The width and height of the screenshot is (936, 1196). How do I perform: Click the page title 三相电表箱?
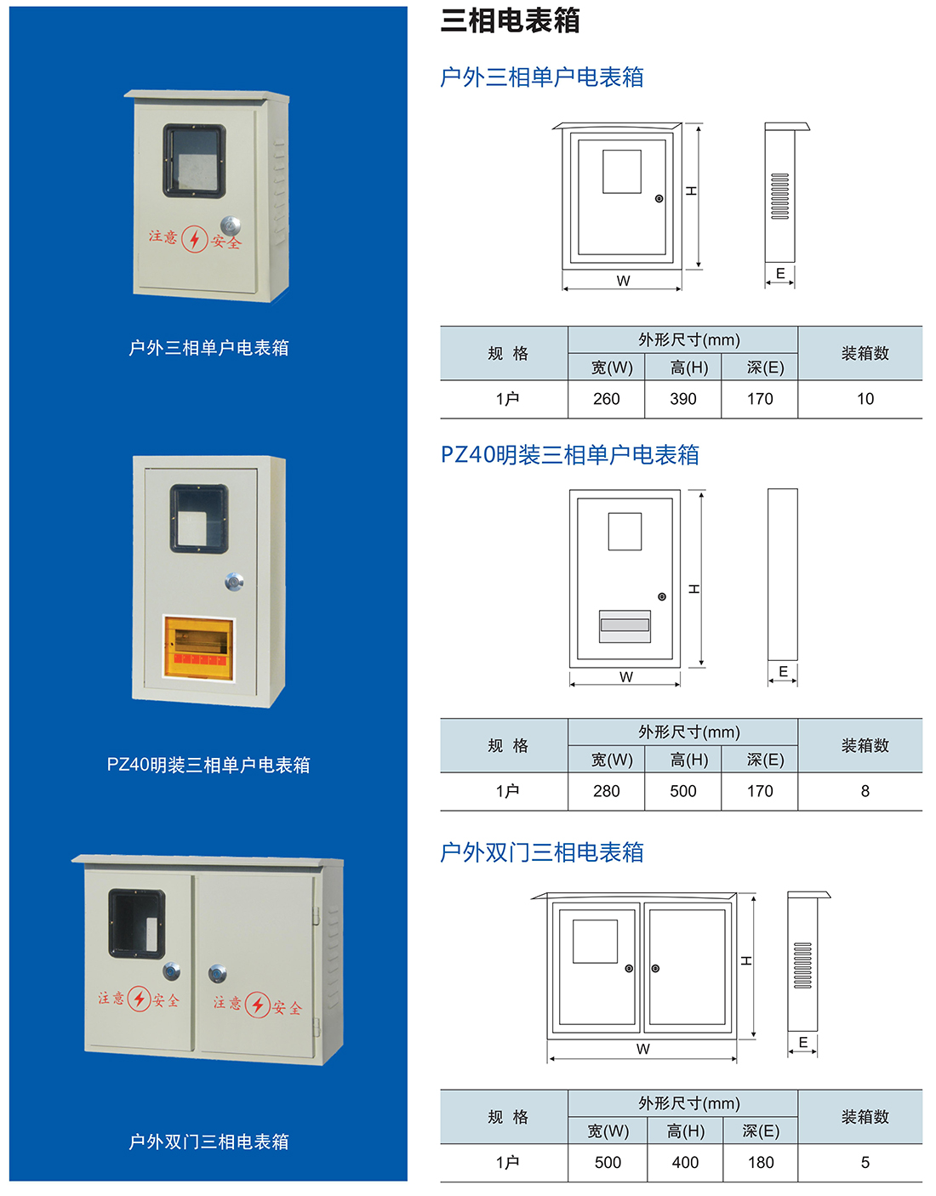tap(510, 20)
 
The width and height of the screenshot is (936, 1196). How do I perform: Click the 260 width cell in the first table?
tap(606, 399)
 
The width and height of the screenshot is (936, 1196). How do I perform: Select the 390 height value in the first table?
tap(682, 399)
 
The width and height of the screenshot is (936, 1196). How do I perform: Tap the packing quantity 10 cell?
tap(865, 399)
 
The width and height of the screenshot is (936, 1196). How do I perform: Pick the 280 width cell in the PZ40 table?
tap(606, 791)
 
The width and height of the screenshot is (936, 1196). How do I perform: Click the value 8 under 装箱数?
tap(865, 791)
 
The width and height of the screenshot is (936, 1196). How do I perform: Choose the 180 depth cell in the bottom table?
tap(760, 1163)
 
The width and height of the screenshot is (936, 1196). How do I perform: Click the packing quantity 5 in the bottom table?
tap(865, 1163)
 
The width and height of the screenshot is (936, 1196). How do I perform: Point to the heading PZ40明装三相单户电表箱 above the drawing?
tap(569, 455)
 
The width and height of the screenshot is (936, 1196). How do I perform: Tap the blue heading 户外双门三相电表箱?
tap(541, 852)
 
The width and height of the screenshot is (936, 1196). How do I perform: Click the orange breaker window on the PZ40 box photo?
tap(198, 647)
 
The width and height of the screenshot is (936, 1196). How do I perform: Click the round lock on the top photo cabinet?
tap(230, 225)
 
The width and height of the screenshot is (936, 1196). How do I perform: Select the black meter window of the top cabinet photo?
tap(195, 161)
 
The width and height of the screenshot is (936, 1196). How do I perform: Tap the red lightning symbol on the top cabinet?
tap(195, 239)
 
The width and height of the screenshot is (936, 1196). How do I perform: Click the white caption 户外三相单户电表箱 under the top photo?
tap(208, 348)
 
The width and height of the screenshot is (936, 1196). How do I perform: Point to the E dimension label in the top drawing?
tap(780, 273)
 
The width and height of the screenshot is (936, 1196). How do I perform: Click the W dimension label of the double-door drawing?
tap(642, 1049)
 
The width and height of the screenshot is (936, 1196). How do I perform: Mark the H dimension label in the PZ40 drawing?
tap(694, 589)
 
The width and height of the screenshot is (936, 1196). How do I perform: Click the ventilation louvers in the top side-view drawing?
tap(779, 196)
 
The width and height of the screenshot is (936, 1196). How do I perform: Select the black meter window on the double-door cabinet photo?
tap(136, 924)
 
